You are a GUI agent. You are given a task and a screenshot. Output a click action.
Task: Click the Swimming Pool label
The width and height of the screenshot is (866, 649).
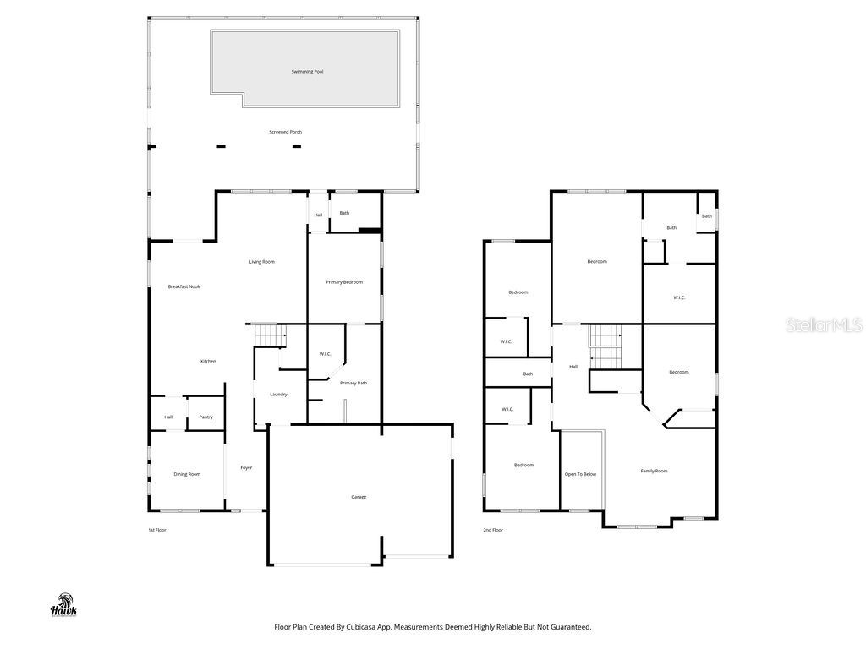[x=307, y=72]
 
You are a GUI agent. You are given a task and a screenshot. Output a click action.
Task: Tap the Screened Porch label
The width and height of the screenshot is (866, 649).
[x=285, y=132]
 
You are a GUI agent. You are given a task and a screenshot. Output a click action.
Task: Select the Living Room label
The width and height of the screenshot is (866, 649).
[x=261, y=262]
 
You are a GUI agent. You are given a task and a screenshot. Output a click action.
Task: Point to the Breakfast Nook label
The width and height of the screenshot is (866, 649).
[x=184, y=286]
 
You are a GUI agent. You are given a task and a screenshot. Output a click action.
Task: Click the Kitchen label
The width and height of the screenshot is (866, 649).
[x=208, y=362]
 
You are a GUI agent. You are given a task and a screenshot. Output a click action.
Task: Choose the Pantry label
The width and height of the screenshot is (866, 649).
[x=206, y=417]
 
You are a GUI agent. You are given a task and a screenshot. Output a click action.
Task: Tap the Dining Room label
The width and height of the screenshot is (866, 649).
[x=187, y=474]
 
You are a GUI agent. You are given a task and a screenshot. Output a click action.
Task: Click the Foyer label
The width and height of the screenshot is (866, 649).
[x=246, y=467]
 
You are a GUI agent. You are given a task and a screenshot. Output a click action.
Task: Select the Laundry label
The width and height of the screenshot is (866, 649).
[x=278, y=395]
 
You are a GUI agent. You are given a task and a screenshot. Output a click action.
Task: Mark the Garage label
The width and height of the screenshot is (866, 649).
[x=359, y=497]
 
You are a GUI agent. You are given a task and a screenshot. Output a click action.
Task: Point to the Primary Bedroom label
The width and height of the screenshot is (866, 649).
[x=344, y=281]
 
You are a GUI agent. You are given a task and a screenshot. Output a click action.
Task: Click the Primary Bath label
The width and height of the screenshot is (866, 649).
[x=354, y=384]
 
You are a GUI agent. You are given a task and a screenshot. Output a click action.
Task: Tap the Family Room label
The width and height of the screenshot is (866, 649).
[x=654, y=471]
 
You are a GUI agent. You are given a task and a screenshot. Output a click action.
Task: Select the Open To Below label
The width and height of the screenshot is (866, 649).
[x=580, y=474]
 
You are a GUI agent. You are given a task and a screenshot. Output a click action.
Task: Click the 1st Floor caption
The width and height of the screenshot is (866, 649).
[x=157, y=530]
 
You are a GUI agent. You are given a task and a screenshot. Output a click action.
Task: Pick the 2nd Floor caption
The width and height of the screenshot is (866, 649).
[x=492, y=530]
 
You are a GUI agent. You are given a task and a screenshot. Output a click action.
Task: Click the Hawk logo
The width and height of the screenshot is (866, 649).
[x=64, y=606]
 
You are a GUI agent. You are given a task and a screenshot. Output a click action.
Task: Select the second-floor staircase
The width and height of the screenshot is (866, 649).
[x=605, y=346]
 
